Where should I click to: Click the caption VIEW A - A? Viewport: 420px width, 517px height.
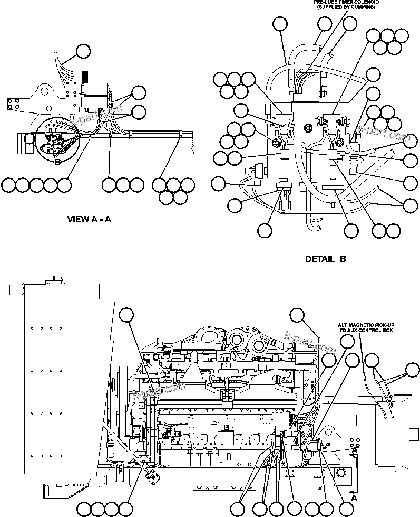pos(89,219)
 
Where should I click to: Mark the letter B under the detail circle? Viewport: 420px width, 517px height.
pos(58,162)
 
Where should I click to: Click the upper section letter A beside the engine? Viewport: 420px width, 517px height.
pos(355,452)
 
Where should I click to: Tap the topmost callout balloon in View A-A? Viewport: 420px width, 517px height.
pos(83,51)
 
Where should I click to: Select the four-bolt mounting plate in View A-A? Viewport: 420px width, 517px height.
pos(14,104)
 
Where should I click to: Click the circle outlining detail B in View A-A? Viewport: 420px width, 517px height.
pos(57,137)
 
